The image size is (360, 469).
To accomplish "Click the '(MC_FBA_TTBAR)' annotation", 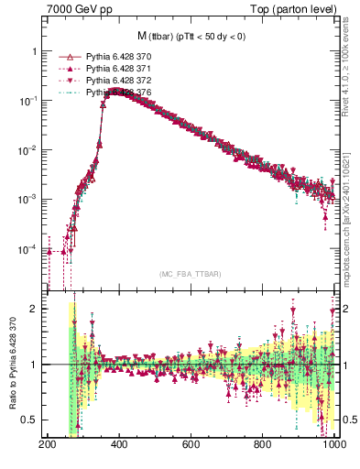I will click(190, 275).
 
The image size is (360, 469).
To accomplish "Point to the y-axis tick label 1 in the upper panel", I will click(36, 51).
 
